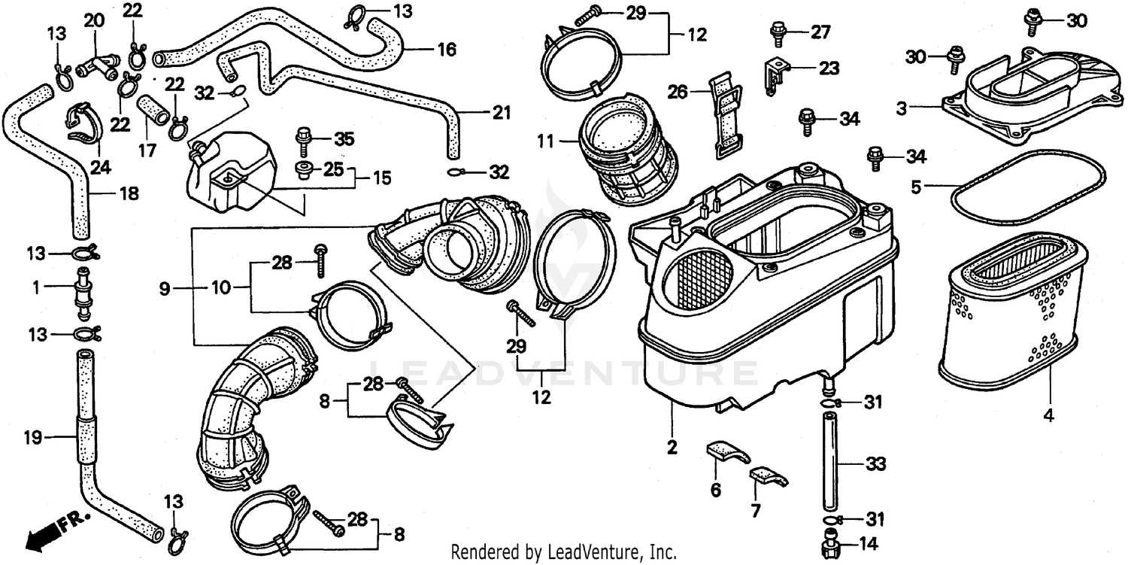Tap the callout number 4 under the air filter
tap(1048, 415)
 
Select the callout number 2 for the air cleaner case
tap(672, 448)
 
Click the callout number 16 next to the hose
tap(446, 50)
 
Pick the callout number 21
tap(502, 114)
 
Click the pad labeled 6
tap(727, 453)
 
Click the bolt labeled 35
tap(305, 140)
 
